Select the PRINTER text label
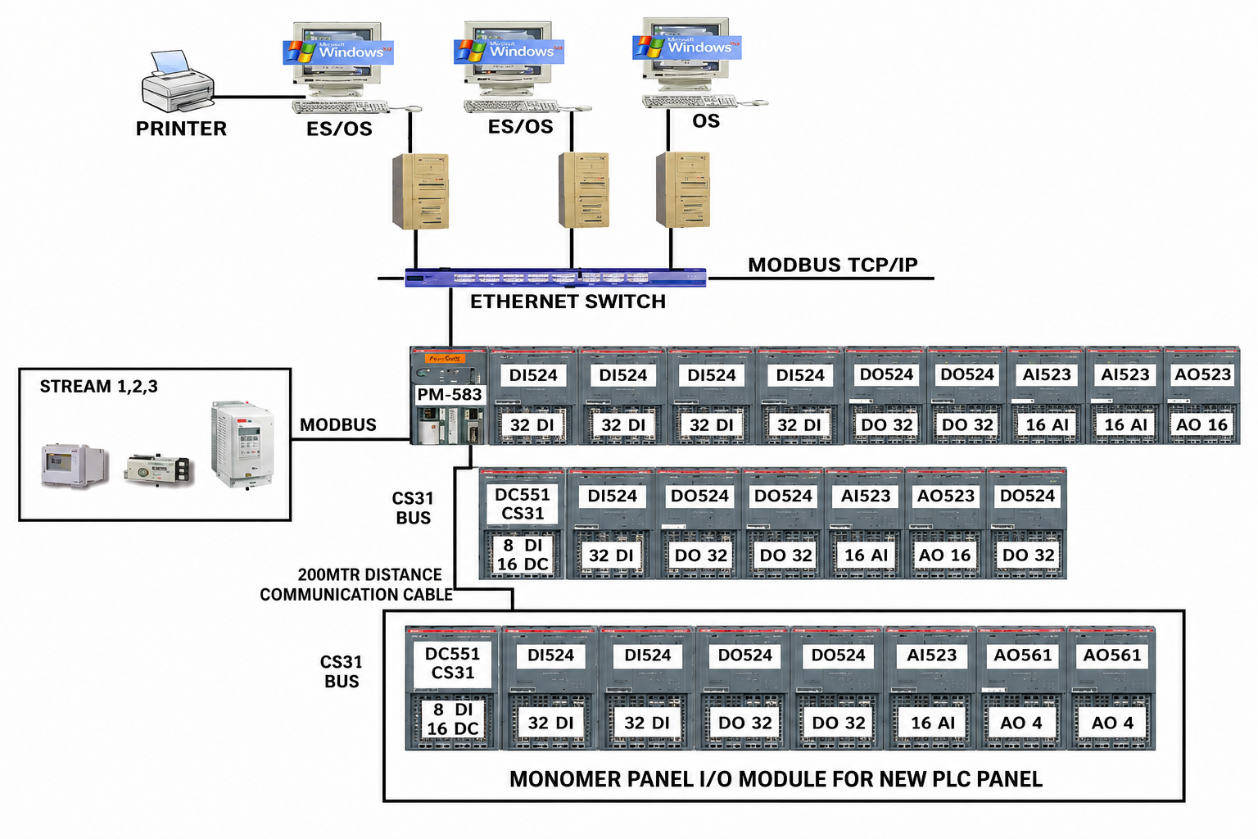click(181, 129)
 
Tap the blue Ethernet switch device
click(555, 278)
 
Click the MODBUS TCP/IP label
click(832, 265)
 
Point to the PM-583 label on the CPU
click(450, 394)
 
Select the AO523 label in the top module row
click(1202, 374)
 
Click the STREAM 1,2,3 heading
click(99, 387)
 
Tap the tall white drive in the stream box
click(242, 444)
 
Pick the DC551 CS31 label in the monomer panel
click(452, 663)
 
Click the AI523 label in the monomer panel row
click(931, 655)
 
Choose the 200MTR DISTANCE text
click(369, 575)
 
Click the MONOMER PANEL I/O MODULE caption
click(776, 779)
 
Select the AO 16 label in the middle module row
click(944, 556)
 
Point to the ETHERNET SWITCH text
click(568, 302)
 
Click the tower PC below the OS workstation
click(682, 189)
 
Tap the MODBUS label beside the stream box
click(337, 425)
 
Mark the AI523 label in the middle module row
click(866, 496)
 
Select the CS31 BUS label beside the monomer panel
click(342, 672)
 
